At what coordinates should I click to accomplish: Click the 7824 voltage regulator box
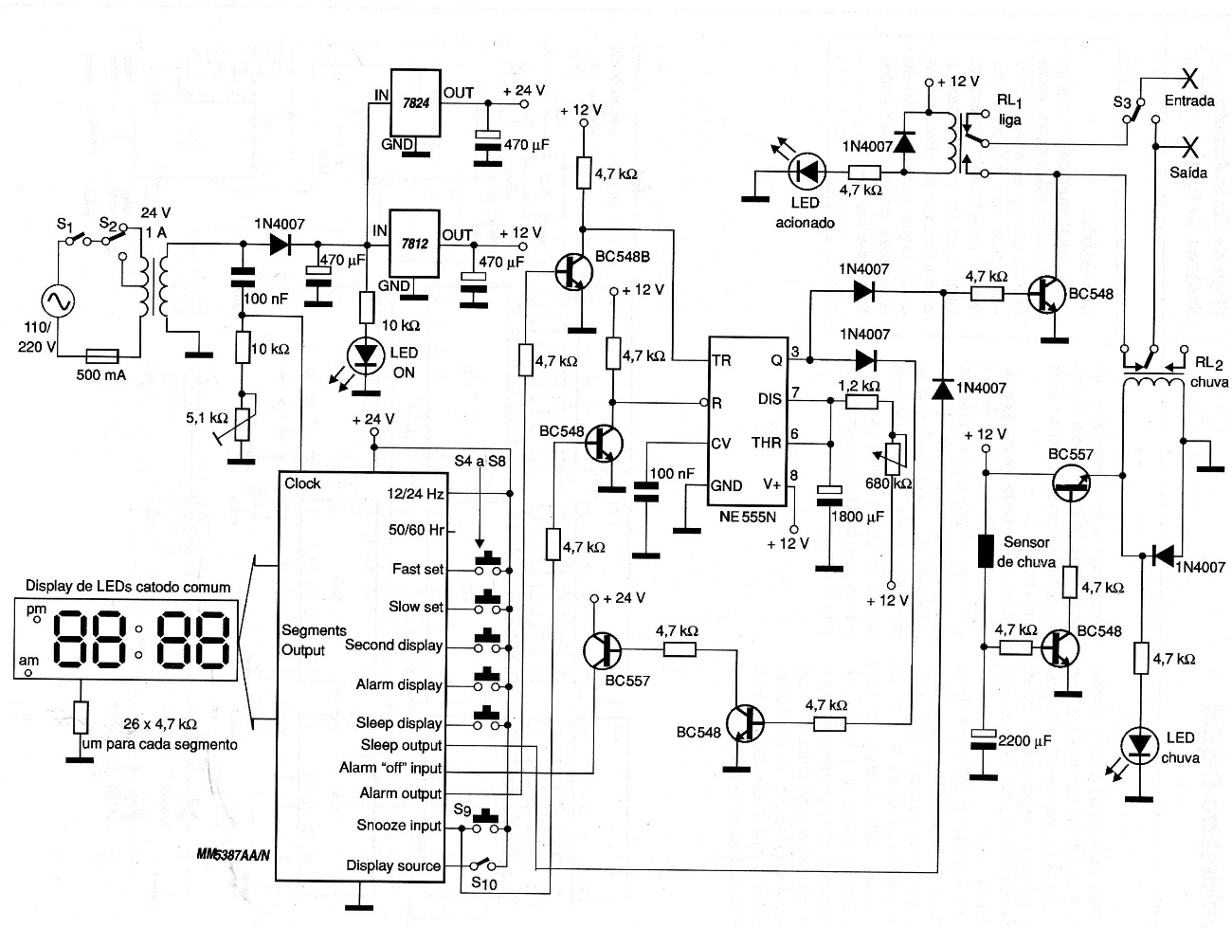coord(415,102)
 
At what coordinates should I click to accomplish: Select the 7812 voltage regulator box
coord(415,244)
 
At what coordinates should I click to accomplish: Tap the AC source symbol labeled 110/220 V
coord(59,301)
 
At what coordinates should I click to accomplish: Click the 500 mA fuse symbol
coord(101,355)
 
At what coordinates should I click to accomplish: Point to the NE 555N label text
coord(747,517)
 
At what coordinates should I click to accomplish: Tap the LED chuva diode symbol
coord(1139,746)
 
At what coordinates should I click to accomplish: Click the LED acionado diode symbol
coord(807,172)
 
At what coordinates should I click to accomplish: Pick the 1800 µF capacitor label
coord(858,516)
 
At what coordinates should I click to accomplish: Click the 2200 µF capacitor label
coord(1024,741)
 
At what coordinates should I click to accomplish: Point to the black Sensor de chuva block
coord(986,551)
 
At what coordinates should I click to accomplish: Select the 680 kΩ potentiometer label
coord(889,483)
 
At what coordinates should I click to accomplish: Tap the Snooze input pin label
coord(399,826)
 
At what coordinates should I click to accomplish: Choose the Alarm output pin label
coord(401,793)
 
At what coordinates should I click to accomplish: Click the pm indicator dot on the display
coord(37,620)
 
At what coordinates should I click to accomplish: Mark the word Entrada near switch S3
coord(1189,101)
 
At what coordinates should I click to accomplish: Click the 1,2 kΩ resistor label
coord(859,386)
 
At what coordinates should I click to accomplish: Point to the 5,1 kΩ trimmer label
coord(208,418)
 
